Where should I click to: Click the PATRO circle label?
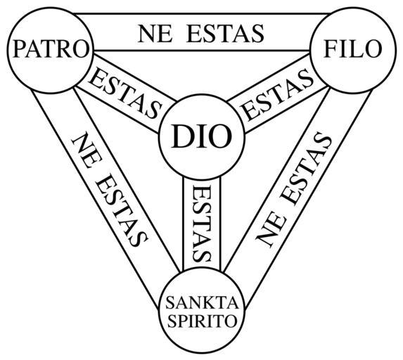coord(51,49)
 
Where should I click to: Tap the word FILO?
coord(353,49)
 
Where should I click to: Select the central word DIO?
coord(201,136)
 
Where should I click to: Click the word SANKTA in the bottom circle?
coord(202,302)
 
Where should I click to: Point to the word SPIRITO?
coord(202,321)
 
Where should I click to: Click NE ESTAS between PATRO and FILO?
coord(201,34)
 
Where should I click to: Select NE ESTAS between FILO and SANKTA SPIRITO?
coord(293,190)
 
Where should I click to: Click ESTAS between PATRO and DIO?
coord(125,93)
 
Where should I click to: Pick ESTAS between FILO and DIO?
coord(278,94)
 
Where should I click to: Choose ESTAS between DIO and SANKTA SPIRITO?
coord(202,224)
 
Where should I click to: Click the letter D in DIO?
coord(181,136)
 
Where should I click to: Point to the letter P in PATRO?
coord(19,49)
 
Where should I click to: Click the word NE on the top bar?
coord(155,34)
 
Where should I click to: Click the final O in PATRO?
coord(81,49)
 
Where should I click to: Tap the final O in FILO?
coord(373,49)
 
